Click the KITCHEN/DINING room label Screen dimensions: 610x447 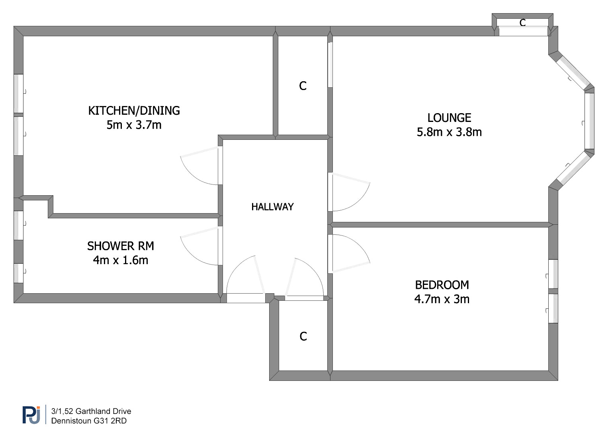click(134, 111)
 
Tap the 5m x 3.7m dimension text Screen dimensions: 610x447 click(134, 125)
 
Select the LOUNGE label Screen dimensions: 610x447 click(449, 118)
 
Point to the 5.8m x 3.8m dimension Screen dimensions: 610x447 click(449, 132)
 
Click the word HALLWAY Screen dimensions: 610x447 click(272, 207)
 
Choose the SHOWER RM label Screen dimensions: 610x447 click(121, 246)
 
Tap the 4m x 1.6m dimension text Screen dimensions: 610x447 click(121, 261)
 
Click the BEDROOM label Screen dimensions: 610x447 click(442, 285)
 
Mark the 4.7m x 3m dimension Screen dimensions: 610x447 click(442, 299)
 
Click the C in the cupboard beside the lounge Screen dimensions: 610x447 click(303, 86)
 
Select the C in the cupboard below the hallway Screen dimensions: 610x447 click(303, 337)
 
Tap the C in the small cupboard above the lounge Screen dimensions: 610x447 click(522, 23)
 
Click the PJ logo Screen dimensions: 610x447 click(31, 415)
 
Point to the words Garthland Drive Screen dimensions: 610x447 click(103, 411)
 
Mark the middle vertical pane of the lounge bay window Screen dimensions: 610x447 click(589, 121)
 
